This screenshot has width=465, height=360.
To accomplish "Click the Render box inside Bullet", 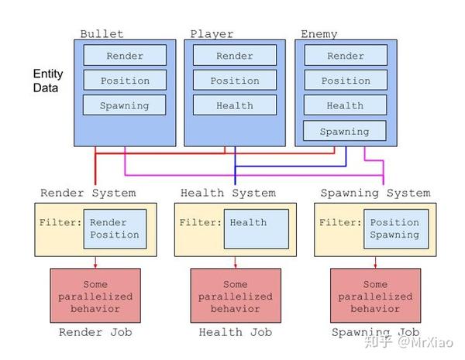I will tap(124, 56).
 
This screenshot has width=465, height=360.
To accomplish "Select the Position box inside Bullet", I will tap(124, 81).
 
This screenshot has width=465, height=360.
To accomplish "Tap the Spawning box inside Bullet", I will tap(124, 105).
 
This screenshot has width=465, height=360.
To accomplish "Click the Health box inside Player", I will tap(235, 105).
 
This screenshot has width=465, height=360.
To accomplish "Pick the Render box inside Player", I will tap(235, 56).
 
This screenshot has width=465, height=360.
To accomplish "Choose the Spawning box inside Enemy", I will tap(345, 132).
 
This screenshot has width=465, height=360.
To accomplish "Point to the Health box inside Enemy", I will tap(345, 105).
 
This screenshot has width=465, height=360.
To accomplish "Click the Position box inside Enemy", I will tap(345, 81).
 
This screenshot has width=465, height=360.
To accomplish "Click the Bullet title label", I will tap(102, 34).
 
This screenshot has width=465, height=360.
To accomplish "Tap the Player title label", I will tap(212, 34).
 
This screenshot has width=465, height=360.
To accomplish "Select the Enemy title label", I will tap(319, 34).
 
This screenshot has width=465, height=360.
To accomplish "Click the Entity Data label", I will tap(48, 81).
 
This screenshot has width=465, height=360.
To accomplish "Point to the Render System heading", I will tap(88, 193).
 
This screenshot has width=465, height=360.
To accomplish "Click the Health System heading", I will tap(228, 193).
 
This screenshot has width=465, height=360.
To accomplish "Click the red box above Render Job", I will tap(95, 297).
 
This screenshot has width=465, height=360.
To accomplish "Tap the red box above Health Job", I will tap(236, 297).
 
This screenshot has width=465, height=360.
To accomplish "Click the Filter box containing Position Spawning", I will tap(394, 228).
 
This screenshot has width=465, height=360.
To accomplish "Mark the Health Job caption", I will tap(236, 333).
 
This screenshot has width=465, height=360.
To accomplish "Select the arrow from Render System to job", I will tap(95, 262).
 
